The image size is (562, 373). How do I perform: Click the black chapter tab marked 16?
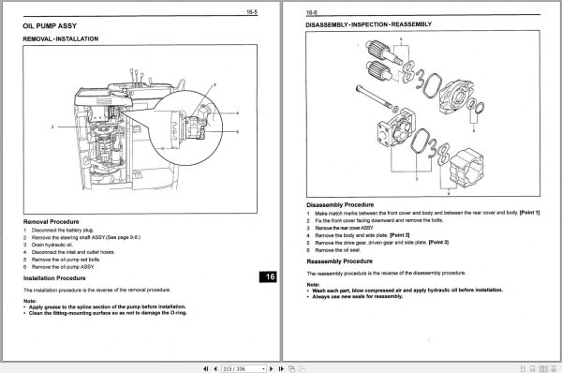pyautogui.click(x=269, y=276)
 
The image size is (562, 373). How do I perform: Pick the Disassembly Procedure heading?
pyautogui.click(x=341, y=203)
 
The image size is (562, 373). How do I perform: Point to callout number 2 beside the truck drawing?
pyautogui.click(x=54, y=125)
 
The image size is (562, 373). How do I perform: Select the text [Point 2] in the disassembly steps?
pyautogui.click(x=400, y=234)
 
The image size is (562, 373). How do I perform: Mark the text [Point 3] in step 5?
pyautogui.click(x=436, y=242)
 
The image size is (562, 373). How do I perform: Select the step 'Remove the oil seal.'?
pyautogui.click(x=341, y=249)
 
